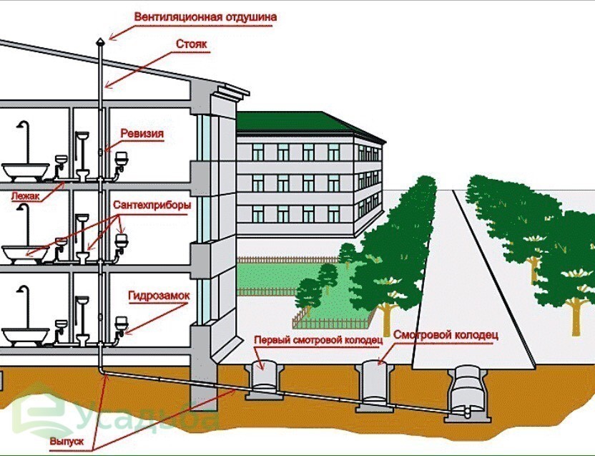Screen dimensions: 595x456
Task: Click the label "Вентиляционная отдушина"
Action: (205, 17)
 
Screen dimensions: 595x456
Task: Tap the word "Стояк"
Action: (191, 44)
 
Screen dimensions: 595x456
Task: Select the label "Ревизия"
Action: (142, 134)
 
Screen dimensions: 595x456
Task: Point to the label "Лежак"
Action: (25, 196)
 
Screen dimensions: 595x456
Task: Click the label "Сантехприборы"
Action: (152, 205)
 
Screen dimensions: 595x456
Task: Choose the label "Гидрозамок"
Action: (158, 296)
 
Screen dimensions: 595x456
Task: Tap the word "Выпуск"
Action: (67, 442)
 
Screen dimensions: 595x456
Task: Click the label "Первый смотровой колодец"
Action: (318, 340)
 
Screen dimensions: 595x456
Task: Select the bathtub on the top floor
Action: (26, 172)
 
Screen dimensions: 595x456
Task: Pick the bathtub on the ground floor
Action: (26, 336)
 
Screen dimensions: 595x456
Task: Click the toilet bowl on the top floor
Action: (82, 175)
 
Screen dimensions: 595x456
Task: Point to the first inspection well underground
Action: (264, 380)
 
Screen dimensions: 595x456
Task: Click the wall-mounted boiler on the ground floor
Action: (121, 324)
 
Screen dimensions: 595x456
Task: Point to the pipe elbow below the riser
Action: (102, 371)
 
